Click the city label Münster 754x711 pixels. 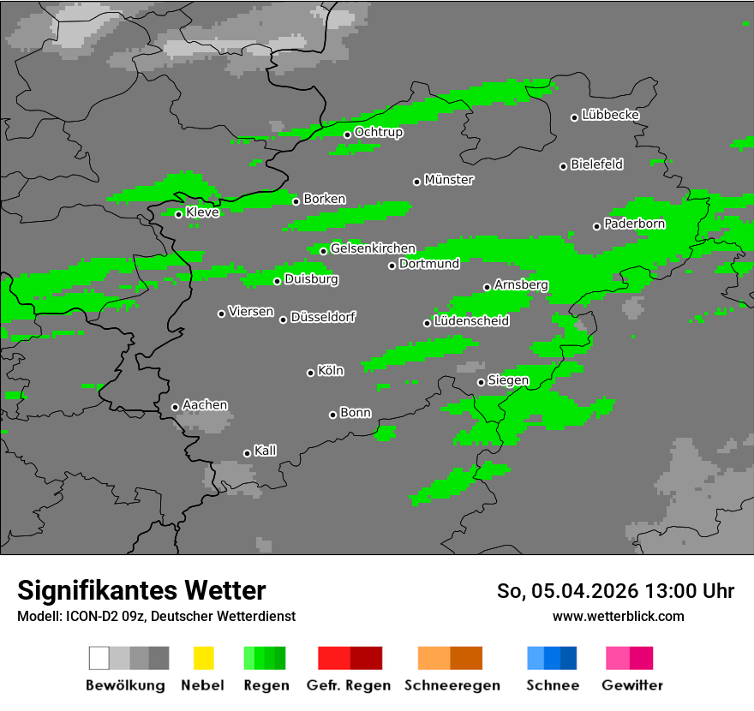pyautogui.click(x=449, y=180)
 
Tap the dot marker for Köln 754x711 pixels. pyautogui.click(x=310, y=373)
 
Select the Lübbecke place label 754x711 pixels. pyautogui.click(x=610, y=115)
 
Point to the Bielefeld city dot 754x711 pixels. pyautogui.click(x=564, y=166)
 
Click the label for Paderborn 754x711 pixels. pyautogui.click(x=634, y=224)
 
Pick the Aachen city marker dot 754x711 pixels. pyautogui.click(x=175, y=407)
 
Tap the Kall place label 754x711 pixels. pyautogui.click(x=266, y=451)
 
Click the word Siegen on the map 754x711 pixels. pyautogui.click(x=508, y=380)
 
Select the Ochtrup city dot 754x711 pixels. pyautogui.click(x=347, y=134)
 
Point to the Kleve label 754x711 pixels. pyautogui.click(x=202, y=212)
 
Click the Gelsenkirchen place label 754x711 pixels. pyautogui.click(x=373, y=248)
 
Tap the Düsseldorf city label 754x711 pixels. pyautogui.click(x=323, y=317)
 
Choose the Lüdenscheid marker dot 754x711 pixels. pyautogui.click(x=427, y=323)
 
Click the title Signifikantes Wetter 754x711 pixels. pyautogui.click(x=141, y=590)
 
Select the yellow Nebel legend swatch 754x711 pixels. pyautogui.click(x=203, y=658)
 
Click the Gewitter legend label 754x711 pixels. pyautogui.click(x=632, y=685)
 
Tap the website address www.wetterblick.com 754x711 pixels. pyautogui.click(x=618, y=617)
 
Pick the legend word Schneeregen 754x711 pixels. pyautogui.click(x=452, y=685)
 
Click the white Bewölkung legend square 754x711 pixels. pyautogui.click(x=99, y=658)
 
